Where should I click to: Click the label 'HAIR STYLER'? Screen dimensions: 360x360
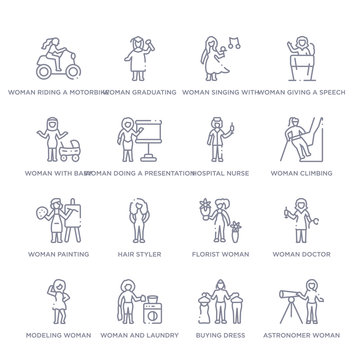(137, 255)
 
